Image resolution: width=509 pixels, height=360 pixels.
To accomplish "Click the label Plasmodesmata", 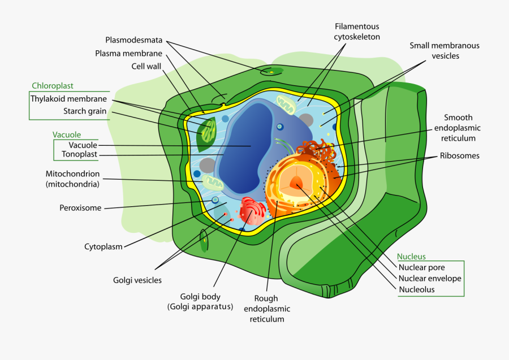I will [x=133, y=40].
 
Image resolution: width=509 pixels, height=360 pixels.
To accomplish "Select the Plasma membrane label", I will [x=128, y=54].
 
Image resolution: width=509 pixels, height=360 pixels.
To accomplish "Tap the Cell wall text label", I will [x=146, y=67].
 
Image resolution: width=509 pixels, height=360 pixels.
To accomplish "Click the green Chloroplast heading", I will [x=52, y=86].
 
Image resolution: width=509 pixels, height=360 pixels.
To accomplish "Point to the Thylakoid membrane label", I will [x=68, y=99].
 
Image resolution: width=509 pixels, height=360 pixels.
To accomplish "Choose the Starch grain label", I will [x=85, y=111].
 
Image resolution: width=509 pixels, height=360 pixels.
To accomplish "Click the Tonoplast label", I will [x=79, y=154].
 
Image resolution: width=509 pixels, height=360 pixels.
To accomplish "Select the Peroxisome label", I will [x=80, y=208].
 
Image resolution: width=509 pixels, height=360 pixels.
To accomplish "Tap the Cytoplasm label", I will [x=103, y=246].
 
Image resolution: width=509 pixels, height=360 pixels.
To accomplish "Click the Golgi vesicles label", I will [x=137, y=280].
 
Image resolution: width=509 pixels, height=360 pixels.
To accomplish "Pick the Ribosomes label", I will [x=459, y=156].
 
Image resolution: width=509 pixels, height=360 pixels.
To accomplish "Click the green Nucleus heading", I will [x=411, y=257].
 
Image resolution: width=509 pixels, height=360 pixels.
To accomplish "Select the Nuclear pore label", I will [x=421, y=267].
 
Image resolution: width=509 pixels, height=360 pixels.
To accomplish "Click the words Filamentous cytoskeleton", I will [x=357, y=32].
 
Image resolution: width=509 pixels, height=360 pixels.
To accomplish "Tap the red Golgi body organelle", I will [x=252, y=210].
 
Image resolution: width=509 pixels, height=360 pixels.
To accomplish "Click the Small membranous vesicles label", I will [x=445, y=51].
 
